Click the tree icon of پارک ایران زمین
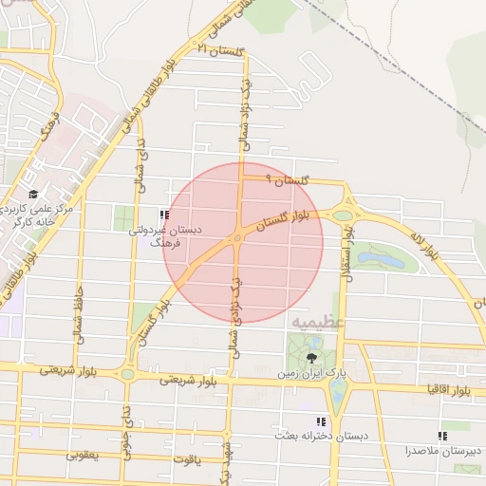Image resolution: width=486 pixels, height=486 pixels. click(x=313, y=357)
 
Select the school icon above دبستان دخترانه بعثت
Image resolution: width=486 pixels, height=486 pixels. click(x=320, y=421)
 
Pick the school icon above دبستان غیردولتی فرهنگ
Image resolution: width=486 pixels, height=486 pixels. click(x=164, y=215)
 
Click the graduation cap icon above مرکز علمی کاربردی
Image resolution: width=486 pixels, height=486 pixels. click(x=33, y=195)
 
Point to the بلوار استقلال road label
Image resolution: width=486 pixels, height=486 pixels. click(x=347, y=249)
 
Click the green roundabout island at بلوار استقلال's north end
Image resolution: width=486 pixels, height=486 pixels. click(x=342, y=215)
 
